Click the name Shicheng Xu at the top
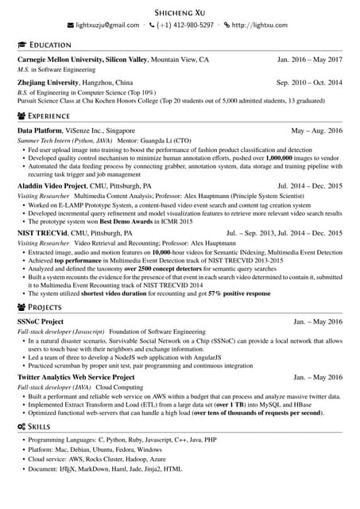click(180, 12)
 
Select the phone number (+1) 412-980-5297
click(185, 25)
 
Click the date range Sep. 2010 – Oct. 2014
click(309, 83)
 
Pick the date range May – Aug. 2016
click(317, 130)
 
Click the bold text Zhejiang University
click(52, 83)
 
